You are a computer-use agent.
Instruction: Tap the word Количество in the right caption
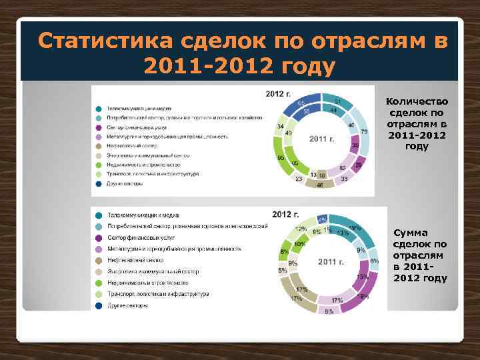[417, 102]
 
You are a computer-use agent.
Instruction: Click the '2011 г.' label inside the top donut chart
[321, 139]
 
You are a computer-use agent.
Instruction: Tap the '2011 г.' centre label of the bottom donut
[331, 262]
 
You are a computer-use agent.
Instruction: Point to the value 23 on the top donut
[298, 178]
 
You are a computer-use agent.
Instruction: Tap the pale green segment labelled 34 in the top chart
[280, 126]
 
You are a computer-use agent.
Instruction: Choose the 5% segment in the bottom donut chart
[283, 270]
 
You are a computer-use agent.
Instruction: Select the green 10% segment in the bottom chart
[300, 245]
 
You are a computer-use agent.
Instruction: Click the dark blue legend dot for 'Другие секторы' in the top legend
[98, 183]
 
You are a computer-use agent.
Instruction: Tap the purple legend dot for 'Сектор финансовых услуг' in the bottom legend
[98, 237]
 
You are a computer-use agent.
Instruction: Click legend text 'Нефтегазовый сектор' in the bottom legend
[132, 259]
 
